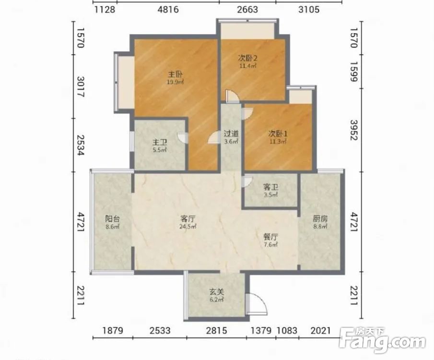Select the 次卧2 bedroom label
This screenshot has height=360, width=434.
pos(248,58)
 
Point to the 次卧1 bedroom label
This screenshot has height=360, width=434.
pos(278,134)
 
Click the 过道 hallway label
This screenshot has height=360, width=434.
pos(231,134)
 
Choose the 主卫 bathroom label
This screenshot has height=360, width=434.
pos(160,143)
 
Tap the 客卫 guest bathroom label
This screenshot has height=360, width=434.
pos(270,187)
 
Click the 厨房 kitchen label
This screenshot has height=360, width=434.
pos(320,219)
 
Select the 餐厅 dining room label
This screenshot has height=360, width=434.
pos(270,237)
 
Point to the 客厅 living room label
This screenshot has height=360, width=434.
pos(188,219)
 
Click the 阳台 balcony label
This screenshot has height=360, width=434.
pos(112,219)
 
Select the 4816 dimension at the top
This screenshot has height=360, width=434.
pos(168,10)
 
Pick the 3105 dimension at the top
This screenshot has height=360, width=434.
pos(309,10)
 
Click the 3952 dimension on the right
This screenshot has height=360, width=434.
pos(354,130)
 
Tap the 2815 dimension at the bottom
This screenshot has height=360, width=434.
pos(216,331)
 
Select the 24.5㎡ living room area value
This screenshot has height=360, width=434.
pos(188,227)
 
